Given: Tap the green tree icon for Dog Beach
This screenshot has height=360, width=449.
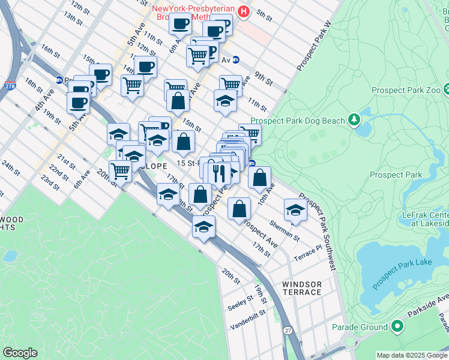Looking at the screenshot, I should tap(354, 120).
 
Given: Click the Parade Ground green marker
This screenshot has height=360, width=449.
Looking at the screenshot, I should tap(396, 327).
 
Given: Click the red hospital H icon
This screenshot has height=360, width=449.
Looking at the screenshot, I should tap(243, 11).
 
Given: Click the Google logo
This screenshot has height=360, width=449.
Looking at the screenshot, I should tap(20, 353).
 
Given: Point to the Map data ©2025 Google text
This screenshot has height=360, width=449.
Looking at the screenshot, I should tap(412, 355).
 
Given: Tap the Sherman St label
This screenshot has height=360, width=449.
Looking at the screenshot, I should tap(285, 230).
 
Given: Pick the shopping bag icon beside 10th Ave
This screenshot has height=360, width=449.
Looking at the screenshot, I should tap(259, 178).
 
